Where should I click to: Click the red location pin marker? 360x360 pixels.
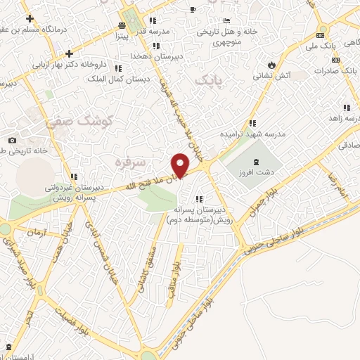[181, 165]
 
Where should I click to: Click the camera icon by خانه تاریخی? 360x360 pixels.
[12, 139]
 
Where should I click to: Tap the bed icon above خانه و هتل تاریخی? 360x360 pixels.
[226, 20]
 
